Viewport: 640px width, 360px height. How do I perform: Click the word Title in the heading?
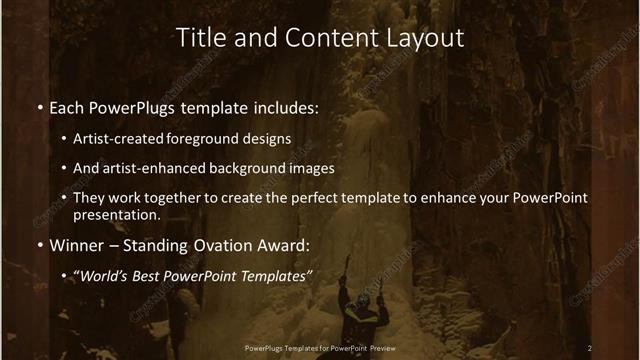point(200,38)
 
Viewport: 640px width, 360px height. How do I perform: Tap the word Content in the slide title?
point(319,38)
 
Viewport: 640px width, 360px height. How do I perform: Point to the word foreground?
point(222,138)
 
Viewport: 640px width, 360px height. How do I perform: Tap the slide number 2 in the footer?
point(589,347)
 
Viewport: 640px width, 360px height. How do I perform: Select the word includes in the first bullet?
point(289,107)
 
